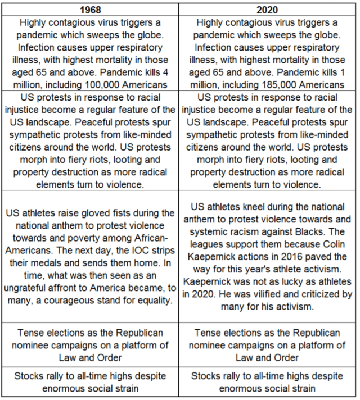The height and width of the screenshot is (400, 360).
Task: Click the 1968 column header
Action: point(91,9)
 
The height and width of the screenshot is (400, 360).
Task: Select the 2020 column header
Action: point(267,9)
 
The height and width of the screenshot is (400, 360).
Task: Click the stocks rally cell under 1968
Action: point(91,381)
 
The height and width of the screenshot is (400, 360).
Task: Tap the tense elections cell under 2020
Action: point(267,344)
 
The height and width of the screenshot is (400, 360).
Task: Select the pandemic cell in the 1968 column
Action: point(91,53)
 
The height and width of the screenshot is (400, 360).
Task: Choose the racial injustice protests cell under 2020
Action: point(267,140)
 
